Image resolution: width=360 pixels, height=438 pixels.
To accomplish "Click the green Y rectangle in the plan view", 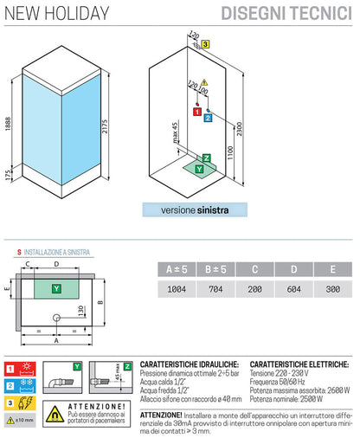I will click(x=57, y=287).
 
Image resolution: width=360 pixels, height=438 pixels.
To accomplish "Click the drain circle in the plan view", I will click(x=57, y=318).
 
